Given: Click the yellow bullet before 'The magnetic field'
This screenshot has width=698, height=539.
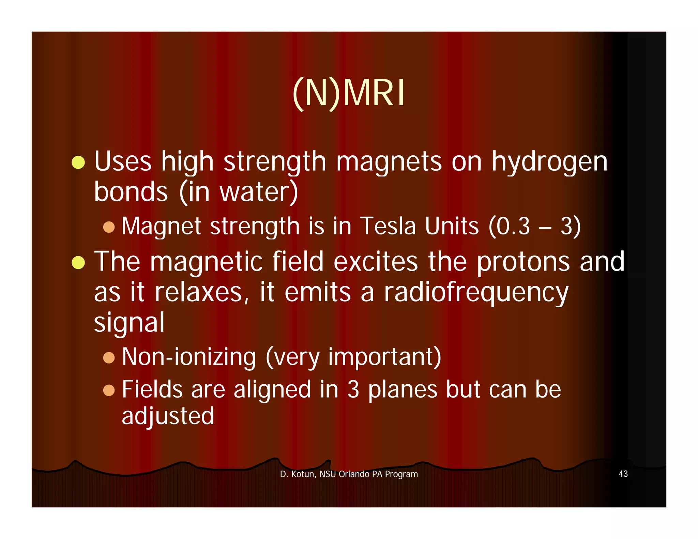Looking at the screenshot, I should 78,262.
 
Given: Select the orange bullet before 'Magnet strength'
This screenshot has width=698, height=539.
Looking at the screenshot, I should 109,227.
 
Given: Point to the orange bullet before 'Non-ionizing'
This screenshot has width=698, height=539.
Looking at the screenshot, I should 109,358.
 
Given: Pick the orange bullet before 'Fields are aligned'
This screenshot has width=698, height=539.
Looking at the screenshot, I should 109,390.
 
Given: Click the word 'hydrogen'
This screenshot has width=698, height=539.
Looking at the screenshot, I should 549,162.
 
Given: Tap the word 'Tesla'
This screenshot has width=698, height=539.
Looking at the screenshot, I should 388,226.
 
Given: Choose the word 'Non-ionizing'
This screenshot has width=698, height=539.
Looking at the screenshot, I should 189,357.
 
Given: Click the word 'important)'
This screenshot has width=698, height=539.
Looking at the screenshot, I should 384,357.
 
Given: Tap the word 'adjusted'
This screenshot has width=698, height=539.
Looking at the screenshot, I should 168,416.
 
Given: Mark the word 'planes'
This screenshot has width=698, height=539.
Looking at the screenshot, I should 403,390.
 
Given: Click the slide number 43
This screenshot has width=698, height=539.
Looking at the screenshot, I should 623,474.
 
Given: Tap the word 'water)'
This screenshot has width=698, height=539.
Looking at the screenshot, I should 259,192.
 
